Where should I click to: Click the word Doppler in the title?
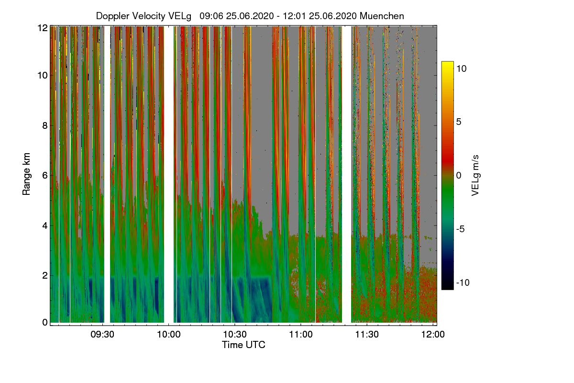(x=112, y=16)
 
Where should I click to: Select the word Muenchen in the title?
(x=382, y=16)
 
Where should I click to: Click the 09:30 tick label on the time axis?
(x=103, y=335)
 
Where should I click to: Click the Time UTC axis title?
(x=243, y=345)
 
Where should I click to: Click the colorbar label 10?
(x=461, y=68)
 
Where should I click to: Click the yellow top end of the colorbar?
(x=447, y=65)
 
